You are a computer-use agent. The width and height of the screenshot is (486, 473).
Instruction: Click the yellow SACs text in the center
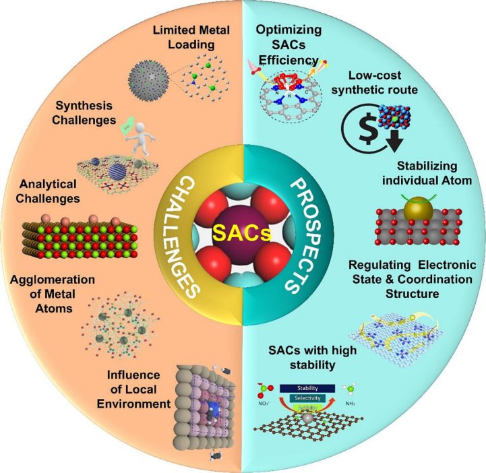(x=243, y=235)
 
